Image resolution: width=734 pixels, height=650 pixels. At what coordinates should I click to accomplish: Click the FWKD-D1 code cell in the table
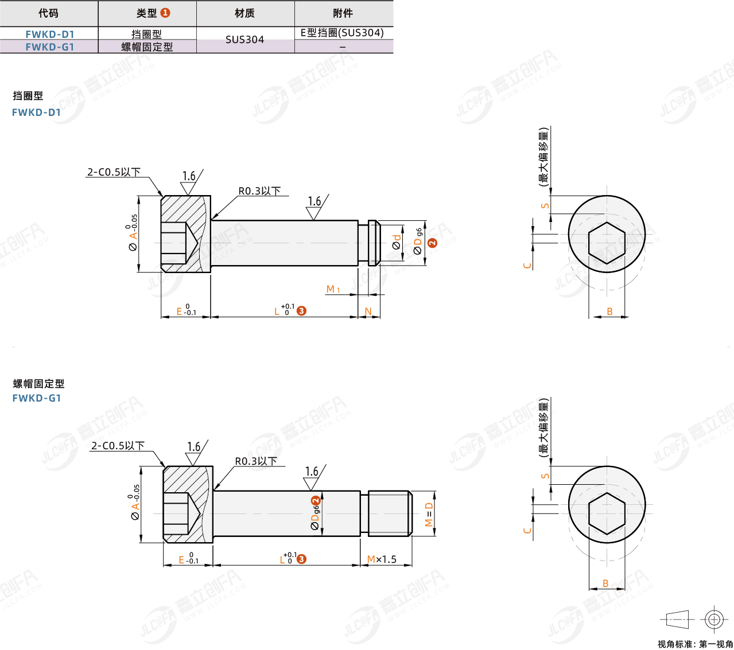pyautogui.click(x=49, y=34)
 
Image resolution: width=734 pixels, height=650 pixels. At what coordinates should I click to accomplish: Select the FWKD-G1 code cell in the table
pyautogui.click(x=49, y=46)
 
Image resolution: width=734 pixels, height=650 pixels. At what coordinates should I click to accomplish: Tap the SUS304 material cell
pyautogui.click(x=245, y=40)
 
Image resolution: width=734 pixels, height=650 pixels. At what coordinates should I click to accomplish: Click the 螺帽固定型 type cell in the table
pyautogui.click(x=147, y=46)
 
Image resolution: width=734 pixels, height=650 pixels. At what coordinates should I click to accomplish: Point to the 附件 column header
pyautogui.click(x=343, y=13)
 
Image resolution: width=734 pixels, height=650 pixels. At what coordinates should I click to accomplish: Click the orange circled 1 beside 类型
pyautogui.click(x=165, y=13)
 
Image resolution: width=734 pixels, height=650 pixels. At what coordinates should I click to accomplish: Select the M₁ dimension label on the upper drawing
pyautogui.click(x=333, y=289)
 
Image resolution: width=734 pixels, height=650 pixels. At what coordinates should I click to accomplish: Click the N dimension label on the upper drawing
pyautogui.click(x=368, y=312)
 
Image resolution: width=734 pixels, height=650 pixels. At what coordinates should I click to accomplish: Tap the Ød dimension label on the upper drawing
pyautogui.click(x=397, y=242)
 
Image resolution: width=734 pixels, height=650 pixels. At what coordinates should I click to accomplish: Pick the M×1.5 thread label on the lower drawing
pyautogui.click(x=382, y=559)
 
